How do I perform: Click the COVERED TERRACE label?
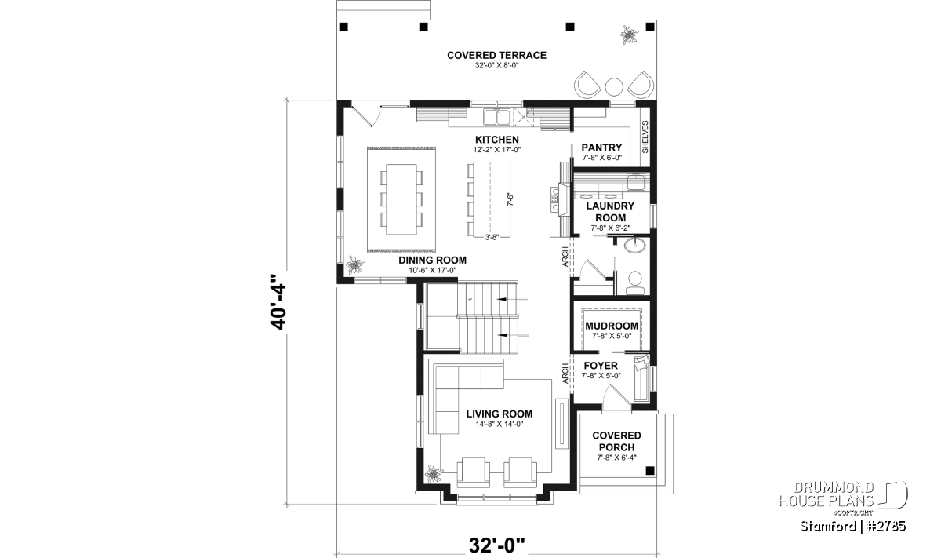496,55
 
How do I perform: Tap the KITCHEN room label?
497,140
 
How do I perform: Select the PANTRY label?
601,148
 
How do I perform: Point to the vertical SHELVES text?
645,137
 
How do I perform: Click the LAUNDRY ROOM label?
610,212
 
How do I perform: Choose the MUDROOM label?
612,326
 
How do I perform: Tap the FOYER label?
601,366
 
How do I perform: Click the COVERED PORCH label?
616,442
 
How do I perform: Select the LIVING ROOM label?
500,414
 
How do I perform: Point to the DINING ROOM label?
432,261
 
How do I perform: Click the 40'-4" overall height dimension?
278,302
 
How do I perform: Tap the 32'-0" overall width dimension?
497,545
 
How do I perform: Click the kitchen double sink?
496,116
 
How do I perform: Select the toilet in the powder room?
634,283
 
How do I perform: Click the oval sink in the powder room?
634,245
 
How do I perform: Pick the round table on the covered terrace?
614,86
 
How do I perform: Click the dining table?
401,199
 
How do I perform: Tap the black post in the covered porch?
650,471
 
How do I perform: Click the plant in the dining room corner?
355,266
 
